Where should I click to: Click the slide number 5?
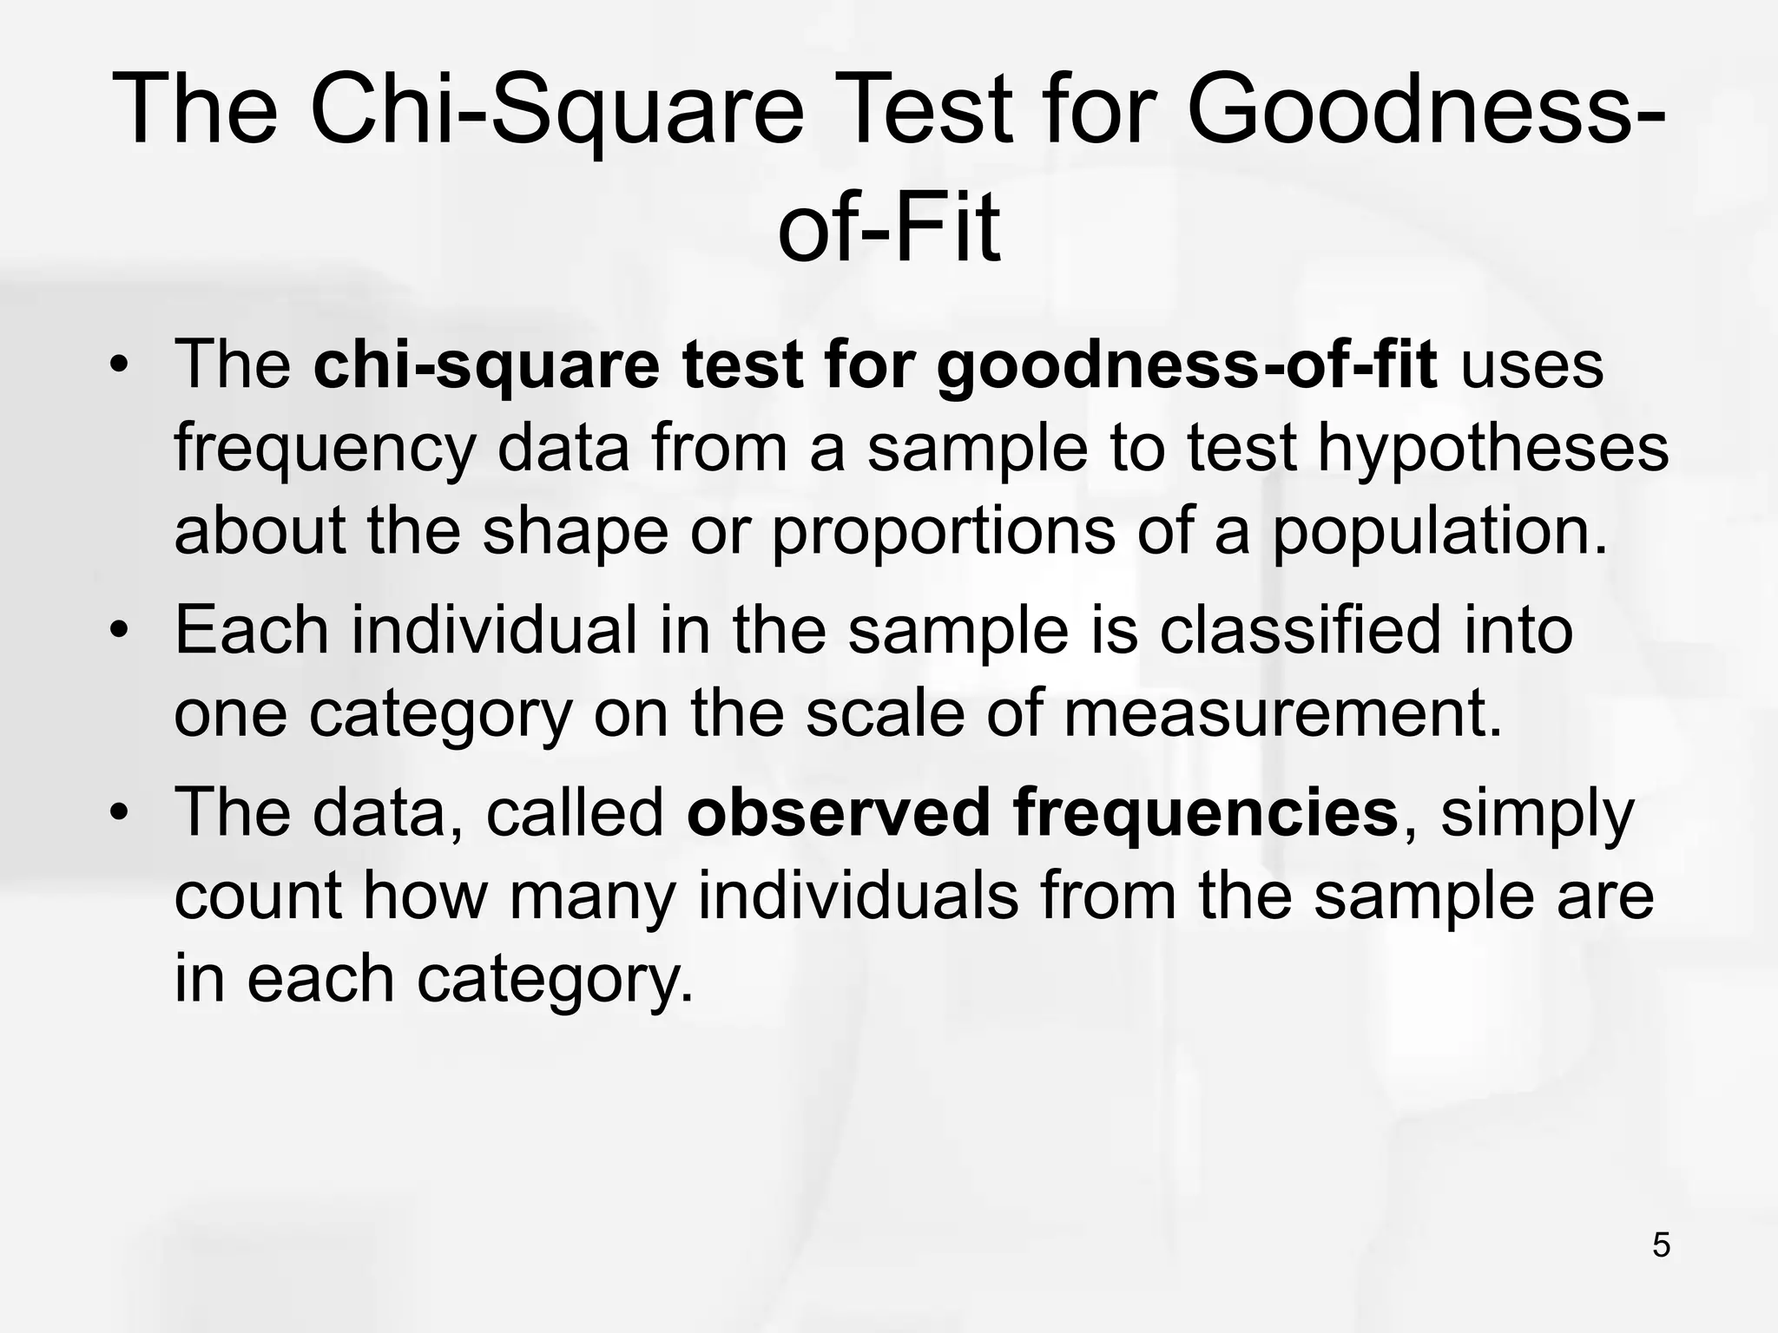point(1661,1245)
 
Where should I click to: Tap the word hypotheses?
point(1493,450)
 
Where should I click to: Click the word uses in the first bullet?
point(1531,366)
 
